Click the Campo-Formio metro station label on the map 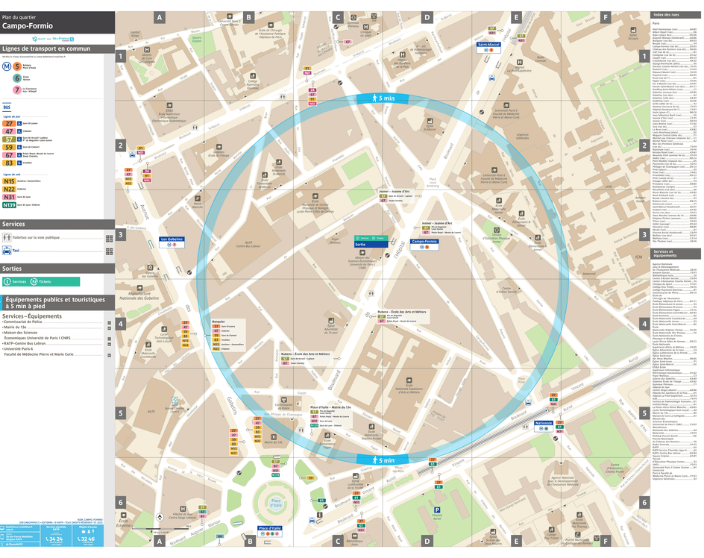point(425,242)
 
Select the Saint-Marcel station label point(488,44)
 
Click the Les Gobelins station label point(172,239)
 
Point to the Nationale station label point(544,424)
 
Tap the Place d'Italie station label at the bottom point(270,528)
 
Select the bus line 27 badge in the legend point(9,123)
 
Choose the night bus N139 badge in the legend point(9,204)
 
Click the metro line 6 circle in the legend point(16,78)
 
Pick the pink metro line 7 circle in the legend point(16,90)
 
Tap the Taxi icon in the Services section point(7,251)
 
